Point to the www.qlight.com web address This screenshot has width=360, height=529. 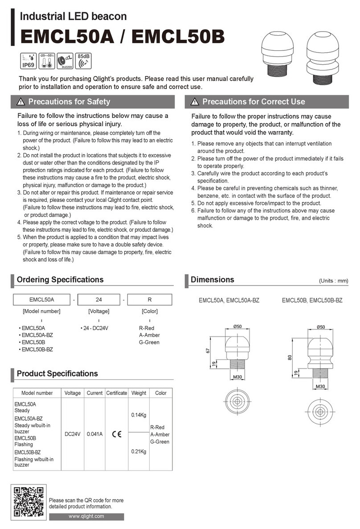(x=86, y=516)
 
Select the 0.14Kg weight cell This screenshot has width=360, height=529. (x=139, y=415)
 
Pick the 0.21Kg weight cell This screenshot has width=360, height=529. (x=139, y=451)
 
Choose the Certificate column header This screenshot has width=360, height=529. (x=117, y=393)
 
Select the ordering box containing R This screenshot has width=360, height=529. (x=149, y=299)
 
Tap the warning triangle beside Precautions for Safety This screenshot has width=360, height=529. (x=20, y=102)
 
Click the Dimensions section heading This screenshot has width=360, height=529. (x=212, y=280)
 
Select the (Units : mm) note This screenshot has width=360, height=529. (x=333, y=281)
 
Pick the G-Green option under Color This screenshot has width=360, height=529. (x=149, y=342)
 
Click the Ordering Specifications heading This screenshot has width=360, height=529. (x=60, y=280)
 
